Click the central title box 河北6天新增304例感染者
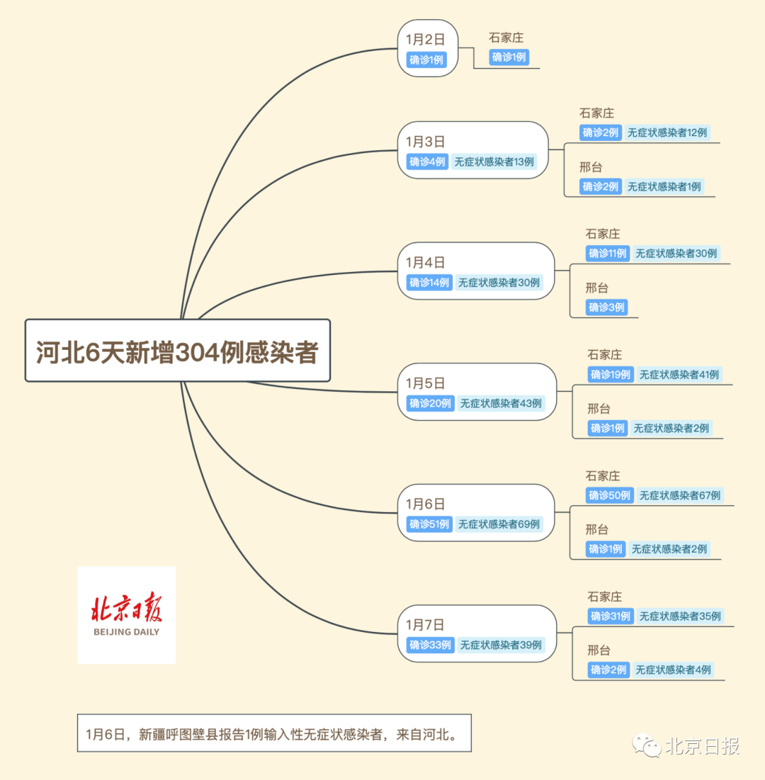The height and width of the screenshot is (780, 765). pyautogui.click(x=177, y=351)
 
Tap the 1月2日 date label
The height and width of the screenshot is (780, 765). pyautogui.click(x=425, y=40)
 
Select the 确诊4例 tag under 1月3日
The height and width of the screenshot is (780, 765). pyautogui.click(x=427, y=162)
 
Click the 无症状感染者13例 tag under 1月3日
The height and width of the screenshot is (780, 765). pyautogui.click(x=494, y=162)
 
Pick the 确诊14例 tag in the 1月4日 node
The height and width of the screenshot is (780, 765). pyautogui.click(x=429, y=283)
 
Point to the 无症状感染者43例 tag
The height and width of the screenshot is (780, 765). pyautogui.click(x=501, y=403)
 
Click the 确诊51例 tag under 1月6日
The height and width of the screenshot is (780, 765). pyautogui.click(x=429, y=524)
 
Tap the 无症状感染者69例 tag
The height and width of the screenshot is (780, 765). pyautogui.click(x=499, y=524)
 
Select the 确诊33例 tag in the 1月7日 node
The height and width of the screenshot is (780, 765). pyautogui.click(x=430, y=645)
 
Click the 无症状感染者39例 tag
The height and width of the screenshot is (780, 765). pyautogui.click(x=501, y=645)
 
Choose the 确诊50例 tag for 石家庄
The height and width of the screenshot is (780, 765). pyautogui.click(x=609, y=495)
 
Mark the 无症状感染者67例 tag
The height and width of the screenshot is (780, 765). pyautogui.click(x=679, y=495)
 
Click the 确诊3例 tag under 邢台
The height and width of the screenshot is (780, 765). pyautogui.click(x=606, y=307)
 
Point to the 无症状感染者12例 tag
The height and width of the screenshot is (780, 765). pyautogui.click(x=667, y=132)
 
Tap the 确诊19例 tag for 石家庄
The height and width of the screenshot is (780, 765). pyautogui.click(x=611, y=374)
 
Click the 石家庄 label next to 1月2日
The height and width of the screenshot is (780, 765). pyautogui.click(x=506, y=38)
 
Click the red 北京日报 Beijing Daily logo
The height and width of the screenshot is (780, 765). pyautogui.click(x=126, y=615)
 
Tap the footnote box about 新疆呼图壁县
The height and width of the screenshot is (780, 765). pyautogui.click(x=273, y=733)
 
